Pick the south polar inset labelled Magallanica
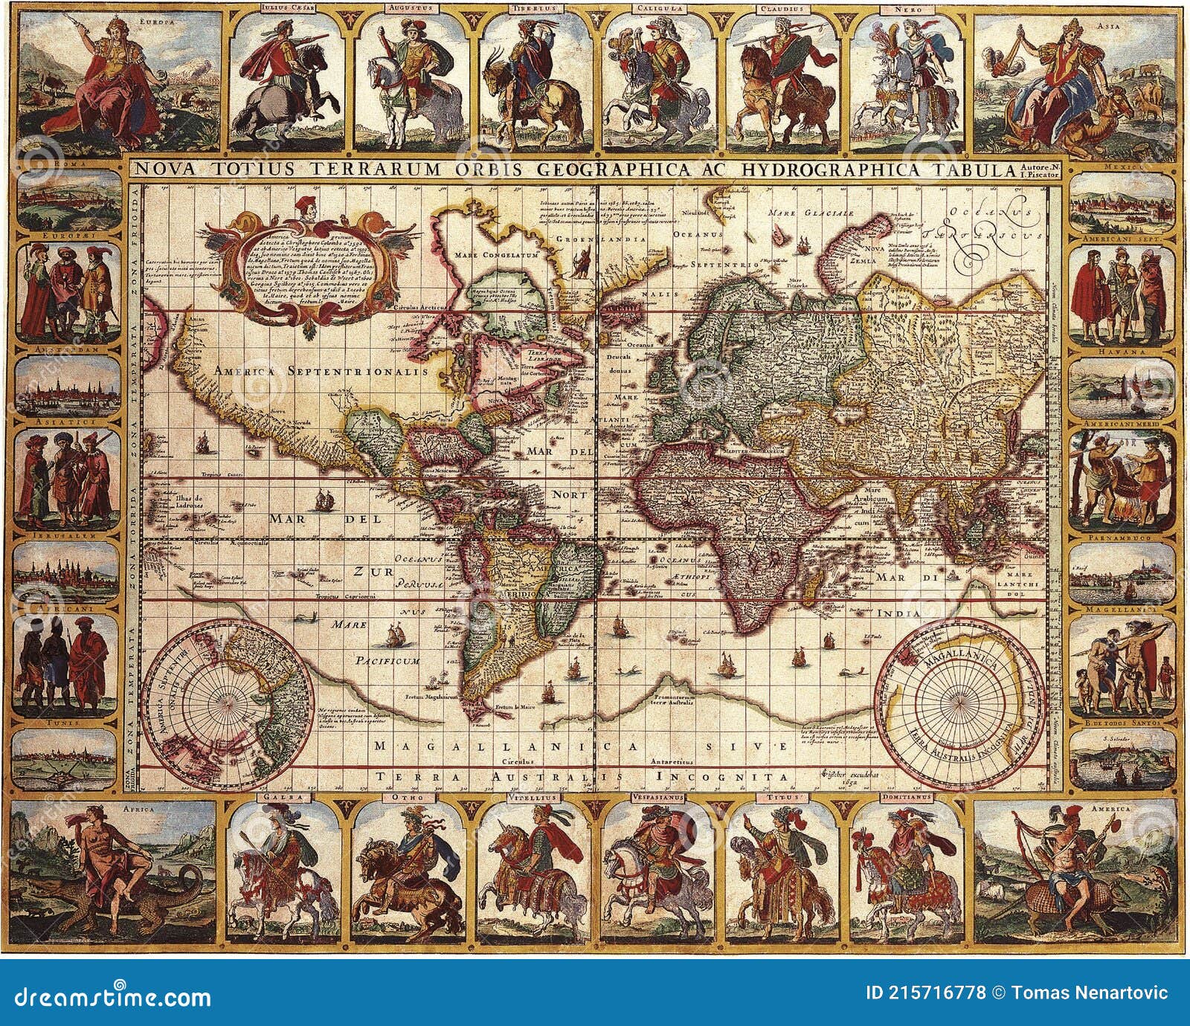[x=955, y=698]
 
